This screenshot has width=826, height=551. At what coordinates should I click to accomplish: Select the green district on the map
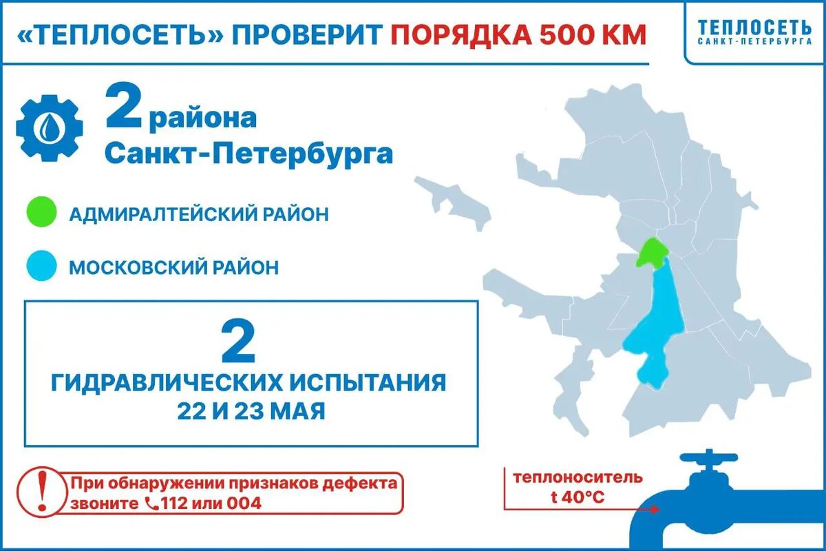click(650, 253)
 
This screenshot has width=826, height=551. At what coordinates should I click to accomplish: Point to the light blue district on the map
click(659, 324)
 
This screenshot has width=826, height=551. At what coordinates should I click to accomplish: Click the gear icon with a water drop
click(50, 127)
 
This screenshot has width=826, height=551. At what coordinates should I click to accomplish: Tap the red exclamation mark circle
click(41, 492)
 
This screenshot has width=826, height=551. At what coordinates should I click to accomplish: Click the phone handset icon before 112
click(152, 503)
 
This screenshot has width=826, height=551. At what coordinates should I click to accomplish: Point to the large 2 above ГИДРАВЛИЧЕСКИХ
click(238, 342)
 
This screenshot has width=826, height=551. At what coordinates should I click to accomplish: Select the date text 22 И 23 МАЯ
click(251, 411)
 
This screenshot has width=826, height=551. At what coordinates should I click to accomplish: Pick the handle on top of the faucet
click(708, 458)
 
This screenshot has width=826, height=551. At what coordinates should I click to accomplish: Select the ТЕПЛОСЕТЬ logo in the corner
click(754, 32)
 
